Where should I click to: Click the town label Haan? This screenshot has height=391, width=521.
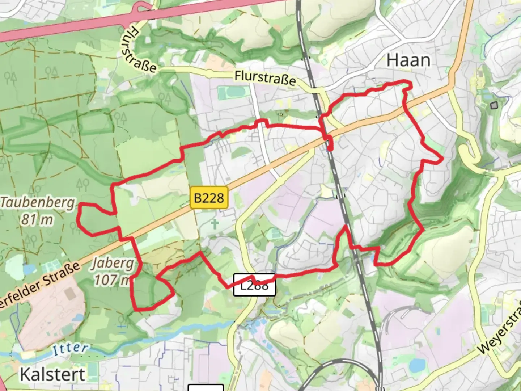pos(408,60)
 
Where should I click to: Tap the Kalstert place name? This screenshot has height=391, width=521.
pos(52,374)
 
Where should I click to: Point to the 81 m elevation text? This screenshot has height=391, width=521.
pos(37,220)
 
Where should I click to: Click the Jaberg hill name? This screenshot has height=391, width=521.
pos(113,263)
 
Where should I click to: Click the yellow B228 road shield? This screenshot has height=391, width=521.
pos(209,198)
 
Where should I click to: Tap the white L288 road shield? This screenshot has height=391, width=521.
pos(254,285)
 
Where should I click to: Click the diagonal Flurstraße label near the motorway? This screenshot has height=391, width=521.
pos(139,51)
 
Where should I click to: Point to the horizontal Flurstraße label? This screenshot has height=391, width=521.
pos(265,78)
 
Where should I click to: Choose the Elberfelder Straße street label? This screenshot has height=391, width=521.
pos(40,285)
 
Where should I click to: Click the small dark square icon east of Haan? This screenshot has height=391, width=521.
pos(494,105)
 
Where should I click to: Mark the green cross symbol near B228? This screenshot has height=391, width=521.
pos(215,224)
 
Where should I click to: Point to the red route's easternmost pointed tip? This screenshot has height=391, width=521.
pos(442,159)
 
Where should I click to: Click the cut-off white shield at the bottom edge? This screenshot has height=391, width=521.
pos(206,388)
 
